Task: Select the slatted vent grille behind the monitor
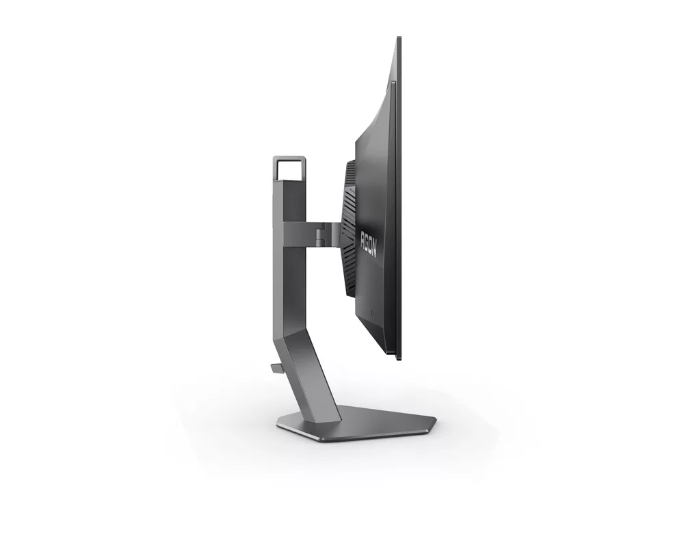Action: tap(350, 229)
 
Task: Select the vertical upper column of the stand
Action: tap(282, 260)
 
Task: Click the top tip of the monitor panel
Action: tap(398, 40)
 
